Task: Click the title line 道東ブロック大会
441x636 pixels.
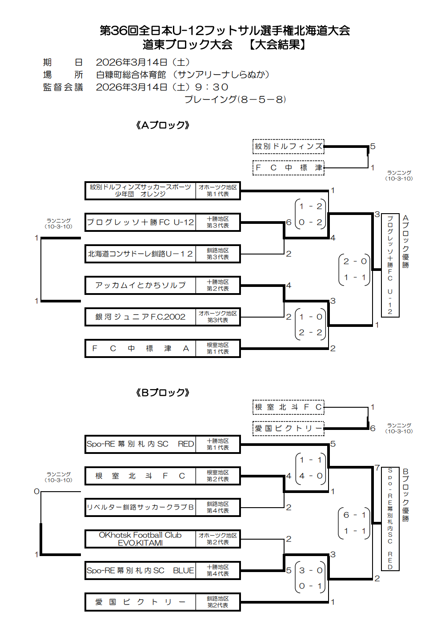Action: [187, 44]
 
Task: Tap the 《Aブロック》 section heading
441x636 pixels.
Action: [163, 125]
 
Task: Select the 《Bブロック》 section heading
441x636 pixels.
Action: [163, 393]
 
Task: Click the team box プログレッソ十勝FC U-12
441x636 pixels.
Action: [140, 222]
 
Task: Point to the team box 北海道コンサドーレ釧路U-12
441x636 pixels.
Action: [140, 254]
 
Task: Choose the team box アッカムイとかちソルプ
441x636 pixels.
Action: [140, 285]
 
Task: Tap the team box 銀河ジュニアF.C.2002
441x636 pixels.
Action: [140, 317]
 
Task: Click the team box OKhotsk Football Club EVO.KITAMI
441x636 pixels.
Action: [140, 539]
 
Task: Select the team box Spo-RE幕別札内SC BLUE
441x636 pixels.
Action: [140, 570]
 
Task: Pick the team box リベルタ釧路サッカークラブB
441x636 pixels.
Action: [140, 507]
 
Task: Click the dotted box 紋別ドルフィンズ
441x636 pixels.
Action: [289, 146]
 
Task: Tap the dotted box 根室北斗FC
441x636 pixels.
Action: [289, 407]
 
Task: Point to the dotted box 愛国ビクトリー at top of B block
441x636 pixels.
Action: [289, 428]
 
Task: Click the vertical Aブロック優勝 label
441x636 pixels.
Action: [405, 242]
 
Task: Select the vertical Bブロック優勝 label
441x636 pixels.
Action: [405, 495]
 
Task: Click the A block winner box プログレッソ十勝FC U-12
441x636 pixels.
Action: [390, 265]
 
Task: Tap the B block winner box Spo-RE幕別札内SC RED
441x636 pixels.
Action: [390, 518]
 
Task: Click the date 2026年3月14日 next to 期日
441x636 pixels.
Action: [132, 62]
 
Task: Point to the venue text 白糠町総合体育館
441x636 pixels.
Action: [131, 75]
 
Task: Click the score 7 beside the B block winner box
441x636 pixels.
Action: [377, 468]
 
